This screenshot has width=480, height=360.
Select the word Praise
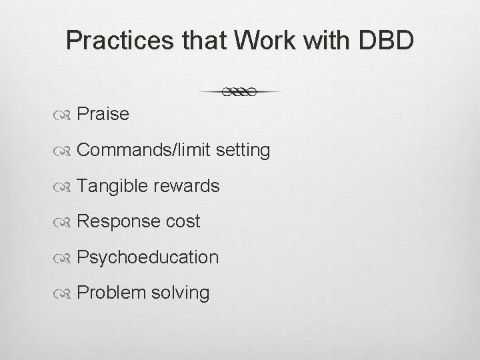click(x=103, y=115)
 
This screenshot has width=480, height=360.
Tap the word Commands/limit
click(x=145, y=151)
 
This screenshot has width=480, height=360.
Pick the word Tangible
click(x=113, y=186)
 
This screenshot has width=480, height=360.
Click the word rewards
click(x=187, y=186)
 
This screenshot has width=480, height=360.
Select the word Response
click(x=117, y=222)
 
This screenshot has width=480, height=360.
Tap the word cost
click(x=181, y=222)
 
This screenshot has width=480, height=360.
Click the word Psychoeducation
click(x=147, y=257)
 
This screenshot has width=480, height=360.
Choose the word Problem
click(x=111, y=293)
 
